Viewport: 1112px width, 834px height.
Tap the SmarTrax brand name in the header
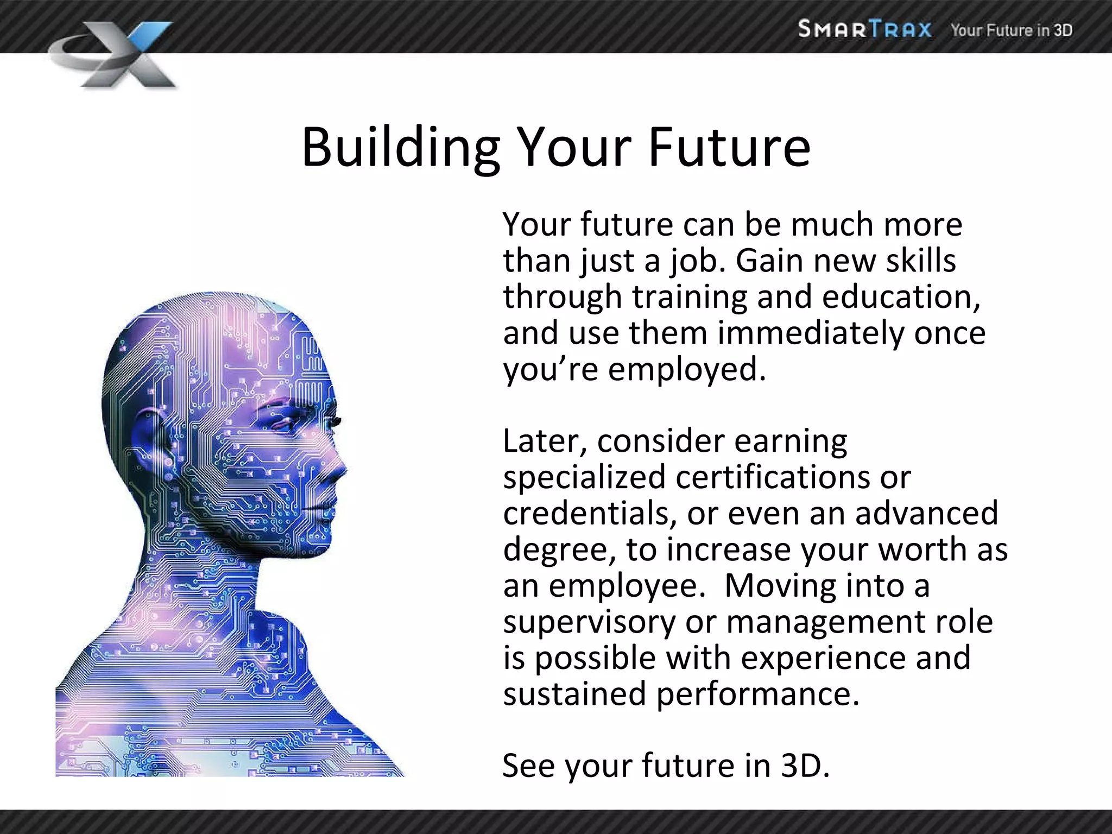point(864,29)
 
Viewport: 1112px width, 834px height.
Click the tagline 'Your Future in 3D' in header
point(1011,30)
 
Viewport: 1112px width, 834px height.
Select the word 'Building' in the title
point(401,148)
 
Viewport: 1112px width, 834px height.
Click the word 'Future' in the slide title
point(729,148)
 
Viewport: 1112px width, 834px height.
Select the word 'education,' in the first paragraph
point(901,297)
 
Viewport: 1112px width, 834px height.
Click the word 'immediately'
point(811,333)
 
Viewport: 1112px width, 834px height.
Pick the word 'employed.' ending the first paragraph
point(687,370)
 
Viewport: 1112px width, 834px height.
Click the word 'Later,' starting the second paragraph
point(545,441)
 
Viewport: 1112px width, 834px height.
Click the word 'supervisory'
point(589,622)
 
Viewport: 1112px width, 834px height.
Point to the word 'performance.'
point(758,694)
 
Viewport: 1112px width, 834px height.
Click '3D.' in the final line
point(805,766)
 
